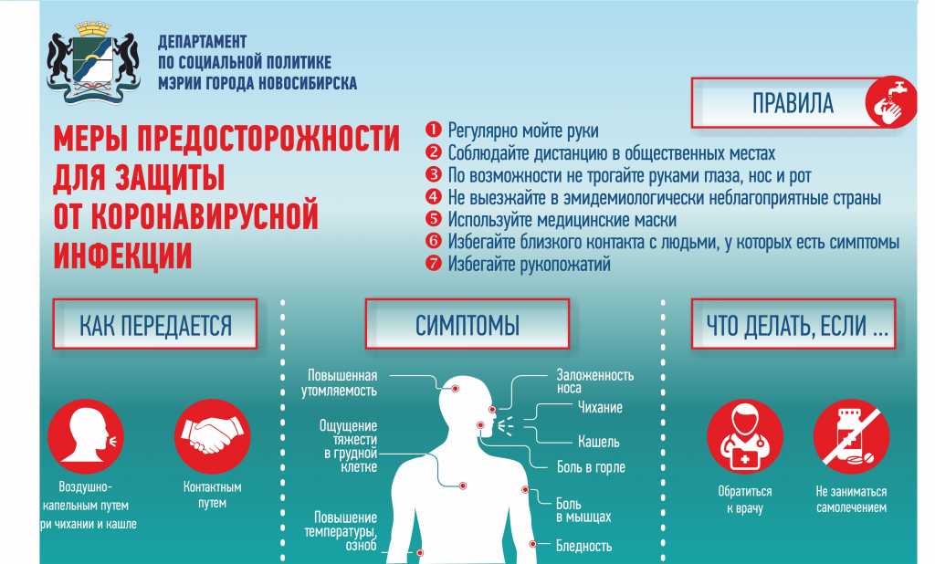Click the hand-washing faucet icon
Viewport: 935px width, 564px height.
(891, 101)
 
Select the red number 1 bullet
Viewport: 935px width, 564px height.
(433, 130)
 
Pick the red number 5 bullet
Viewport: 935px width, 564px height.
(433, 219)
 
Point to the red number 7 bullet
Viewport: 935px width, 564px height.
(433, 263)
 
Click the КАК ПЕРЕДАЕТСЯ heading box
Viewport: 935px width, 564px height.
(155, 324)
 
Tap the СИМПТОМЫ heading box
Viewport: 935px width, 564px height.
(467, 324)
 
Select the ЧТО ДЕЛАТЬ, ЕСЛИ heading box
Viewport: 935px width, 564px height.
(793, 324)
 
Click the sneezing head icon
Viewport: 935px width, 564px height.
(86, 437)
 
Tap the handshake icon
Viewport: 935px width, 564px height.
(212, 437)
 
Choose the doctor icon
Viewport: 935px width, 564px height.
(745, 437)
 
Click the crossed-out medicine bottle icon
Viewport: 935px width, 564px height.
(851, 437)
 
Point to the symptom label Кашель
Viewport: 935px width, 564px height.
(598, 442)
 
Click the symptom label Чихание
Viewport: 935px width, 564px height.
(600, 407)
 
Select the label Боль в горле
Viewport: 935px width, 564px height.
(591, 467)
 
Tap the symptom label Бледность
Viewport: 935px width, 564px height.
(583, 546)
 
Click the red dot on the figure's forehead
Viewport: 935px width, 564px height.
(455, 388)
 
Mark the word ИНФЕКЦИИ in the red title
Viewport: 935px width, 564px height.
(123, 256)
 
